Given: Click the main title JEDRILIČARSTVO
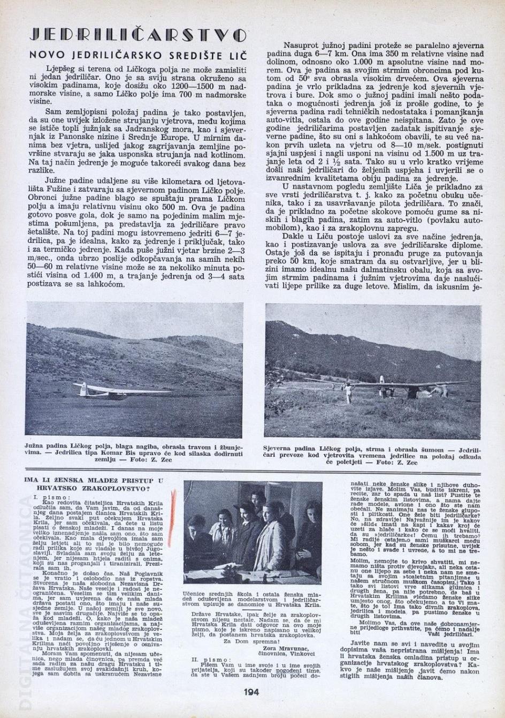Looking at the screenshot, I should point(138,35).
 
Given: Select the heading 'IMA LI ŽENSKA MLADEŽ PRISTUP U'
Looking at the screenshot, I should point(94,480).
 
